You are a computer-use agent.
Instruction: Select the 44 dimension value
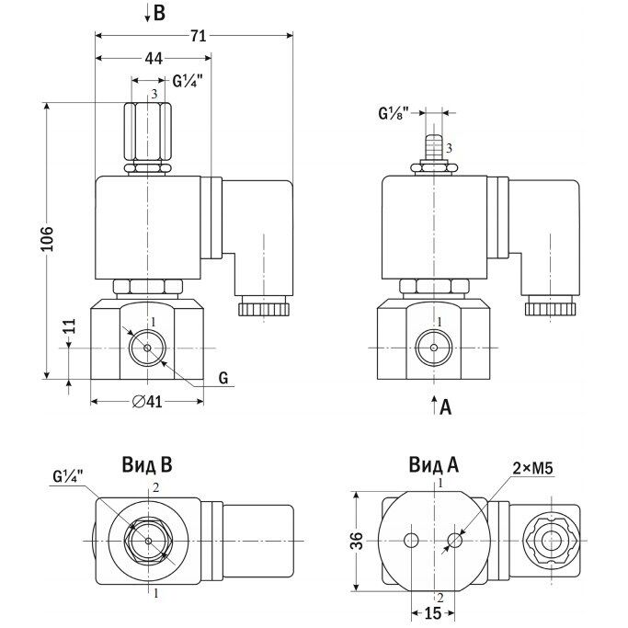coord(154,58)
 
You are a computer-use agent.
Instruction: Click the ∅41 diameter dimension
coord(147,401)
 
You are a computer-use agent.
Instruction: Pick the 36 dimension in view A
coord(359,541)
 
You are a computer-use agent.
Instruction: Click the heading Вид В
coord(147,464)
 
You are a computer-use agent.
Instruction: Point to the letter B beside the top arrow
coord(160,13)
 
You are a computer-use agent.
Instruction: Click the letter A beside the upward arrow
coord(446,405)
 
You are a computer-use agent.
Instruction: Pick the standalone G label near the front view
coord(223,378)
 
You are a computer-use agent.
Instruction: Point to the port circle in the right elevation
coord(429,347)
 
